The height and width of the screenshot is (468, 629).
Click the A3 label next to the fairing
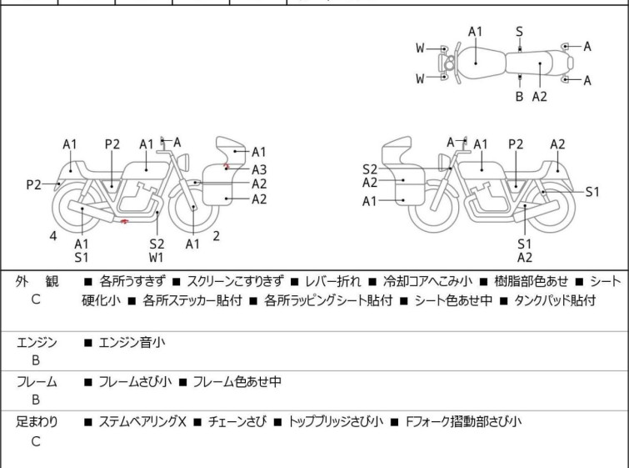[x=259, y=169]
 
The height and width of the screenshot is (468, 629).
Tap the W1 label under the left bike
[x=157, y=258]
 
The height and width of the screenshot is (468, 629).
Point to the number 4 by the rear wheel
[x=53, y=236]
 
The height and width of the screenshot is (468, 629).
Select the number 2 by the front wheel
[x=216, y=235]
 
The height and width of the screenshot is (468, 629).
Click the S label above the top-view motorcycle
[x=519, y=32]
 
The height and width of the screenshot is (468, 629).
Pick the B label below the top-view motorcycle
[x=519, y=97]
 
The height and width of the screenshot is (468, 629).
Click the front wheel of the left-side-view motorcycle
[x=193, y=208]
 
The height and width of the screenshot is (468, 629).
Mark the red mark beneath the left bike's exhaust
[x=124, y=222]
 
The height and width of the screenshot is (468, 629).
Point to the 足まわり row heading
[x=37, y=422]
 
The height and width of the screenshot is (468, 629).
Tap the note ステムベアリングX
[x=142, y=422]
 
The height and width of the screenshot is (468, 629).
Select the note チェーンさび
[x=237, y=422]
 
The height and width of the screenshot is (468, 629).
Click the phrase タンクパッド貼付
[x=554, y=300]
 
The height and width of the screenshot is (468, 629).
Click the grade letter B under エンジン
[x=36, y=360]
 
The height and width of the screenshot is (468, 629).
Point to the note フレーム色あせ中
[x=237, y=382]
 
